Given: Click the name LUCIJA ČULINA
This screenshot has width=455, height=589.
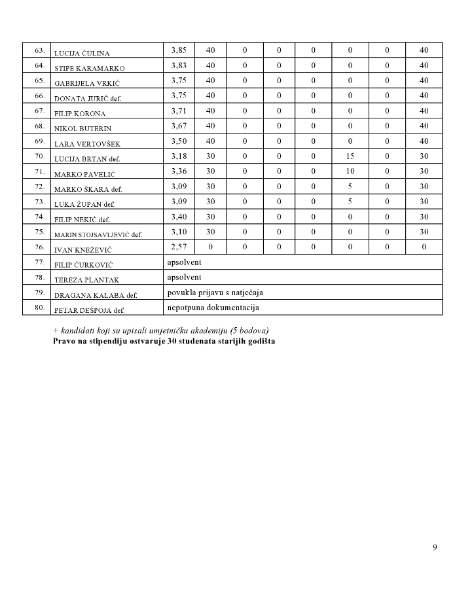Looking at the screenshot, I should [x=82, y=53].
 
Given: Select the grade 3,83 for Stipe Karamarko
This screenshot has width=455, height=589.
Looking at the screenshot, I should [x=179, y=65].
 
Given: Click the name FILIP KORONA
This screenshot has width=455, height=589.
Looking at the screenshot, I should [x=79, y=113].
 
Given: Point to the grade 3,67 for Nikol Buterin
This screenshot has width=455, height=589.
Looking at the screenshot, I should [x=179, y=126].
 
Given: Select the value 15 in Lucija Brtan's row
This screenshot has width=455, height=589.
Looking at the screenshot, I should [x=350, y=156].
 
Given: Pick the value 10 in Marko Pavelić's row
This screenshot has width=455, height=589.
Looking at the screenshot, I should [x=350, y=171].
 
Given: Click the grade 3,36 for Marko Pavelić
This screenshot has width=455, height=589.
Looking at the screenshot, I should [x=179, y=171].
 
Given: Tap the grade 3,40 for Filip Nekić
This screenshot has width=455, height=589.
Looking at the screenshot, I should [x=179, y=217].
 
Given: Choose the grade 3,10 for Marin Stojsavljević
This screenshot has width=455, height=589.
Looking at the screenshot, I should [x=179, y=232].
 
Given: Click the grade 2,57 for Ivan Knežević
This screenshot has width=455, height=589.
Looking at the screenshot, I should [x=179, y=247].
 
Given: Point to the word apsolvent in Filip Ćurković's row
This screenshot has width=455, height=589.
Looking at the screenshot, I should [x=184, y=262].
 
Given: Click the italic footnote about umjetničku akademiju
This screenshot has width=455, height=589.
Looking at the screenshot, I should [x=161, y=329].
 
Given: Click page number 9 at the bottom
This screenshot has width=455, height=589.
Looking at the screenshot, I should [x=435, y=547].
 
